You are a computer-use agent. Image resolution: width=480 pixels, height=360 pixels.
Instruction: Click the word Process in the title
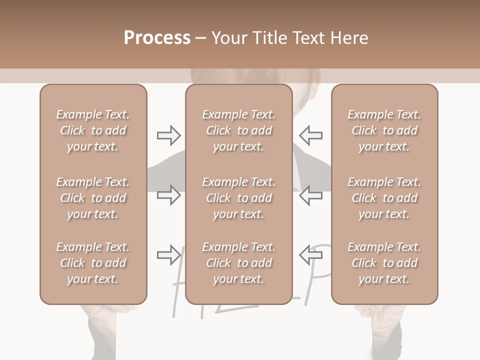157,38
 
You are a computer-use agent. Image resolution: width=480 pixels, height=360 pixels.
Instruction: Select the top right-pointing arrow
168,135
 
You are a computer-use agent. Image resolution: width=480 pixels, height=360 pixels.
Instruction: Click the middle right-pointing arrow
168,195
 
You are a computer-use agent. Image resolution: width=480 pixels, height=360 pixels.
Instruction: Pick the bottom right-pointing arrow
168,255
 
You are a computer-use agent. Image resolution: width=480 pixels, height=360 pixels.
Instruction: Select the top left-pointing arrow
310,135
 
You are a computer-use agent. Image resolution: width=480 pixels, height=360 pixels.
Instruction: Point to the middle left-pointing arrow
310,195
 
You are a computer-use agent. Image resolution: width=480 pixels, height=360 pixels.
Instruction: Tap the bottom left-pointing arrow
310,255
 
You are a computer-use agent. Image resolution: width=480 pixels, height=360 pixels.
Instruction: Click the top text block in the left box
93,130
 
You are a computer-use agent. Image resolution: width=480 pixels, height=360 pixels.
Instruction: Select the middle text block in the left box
93,198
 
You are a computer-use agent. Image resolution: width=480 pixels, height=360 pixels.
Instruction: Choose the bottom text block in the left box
93,263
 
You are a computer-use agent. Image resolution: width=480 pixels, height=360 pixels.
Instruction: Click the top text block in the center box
238,130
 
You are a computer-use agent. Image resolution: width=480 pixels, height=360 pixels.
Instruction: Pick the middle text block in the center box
238,198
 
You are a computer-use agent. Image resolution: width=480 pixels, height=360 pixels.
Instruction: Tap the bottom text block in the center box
238,263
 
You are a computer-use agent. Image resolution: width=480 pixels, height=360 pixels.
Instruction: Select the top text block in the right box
384,130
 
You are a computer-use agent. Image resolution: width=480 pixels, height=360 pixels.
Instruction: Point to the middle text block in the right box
384,198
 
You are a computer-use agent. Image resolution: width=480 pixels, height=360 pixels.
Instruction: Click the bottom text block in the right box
384,263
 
